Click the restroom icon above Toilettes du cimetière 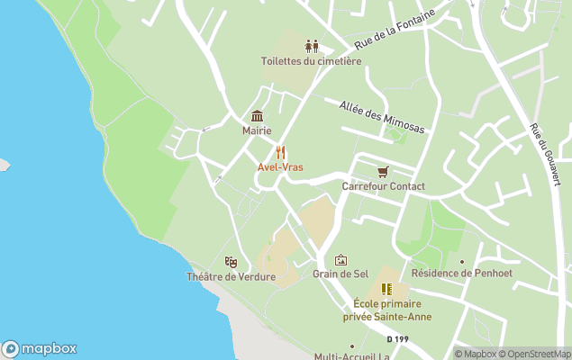pos(312,46)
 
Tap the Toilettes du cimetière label pos(312,61)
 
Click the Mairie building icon pos(257,116)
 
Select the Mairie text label pos(257,131)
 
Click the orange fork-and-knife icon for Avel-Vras pos(281,152)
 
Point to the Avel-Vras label pos(280,167)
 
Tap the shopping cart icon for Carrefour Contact pos(383,171)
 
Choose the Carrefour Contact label pos(383,186)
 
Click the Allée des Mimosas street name pos(382,118)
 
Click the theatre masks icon pos(231,262)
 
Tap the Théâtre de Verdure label pos(231,277)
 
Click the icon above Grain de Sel pos(340,259)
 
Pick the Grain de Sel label pos(340,274)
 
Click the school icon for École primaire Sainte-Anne pos(386,289)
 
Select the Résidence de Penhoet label pos(454,274)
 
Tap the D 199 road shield pos(396,339)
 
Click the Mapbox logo pos(39,348)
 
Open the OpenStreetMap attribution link pos(535,354)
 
